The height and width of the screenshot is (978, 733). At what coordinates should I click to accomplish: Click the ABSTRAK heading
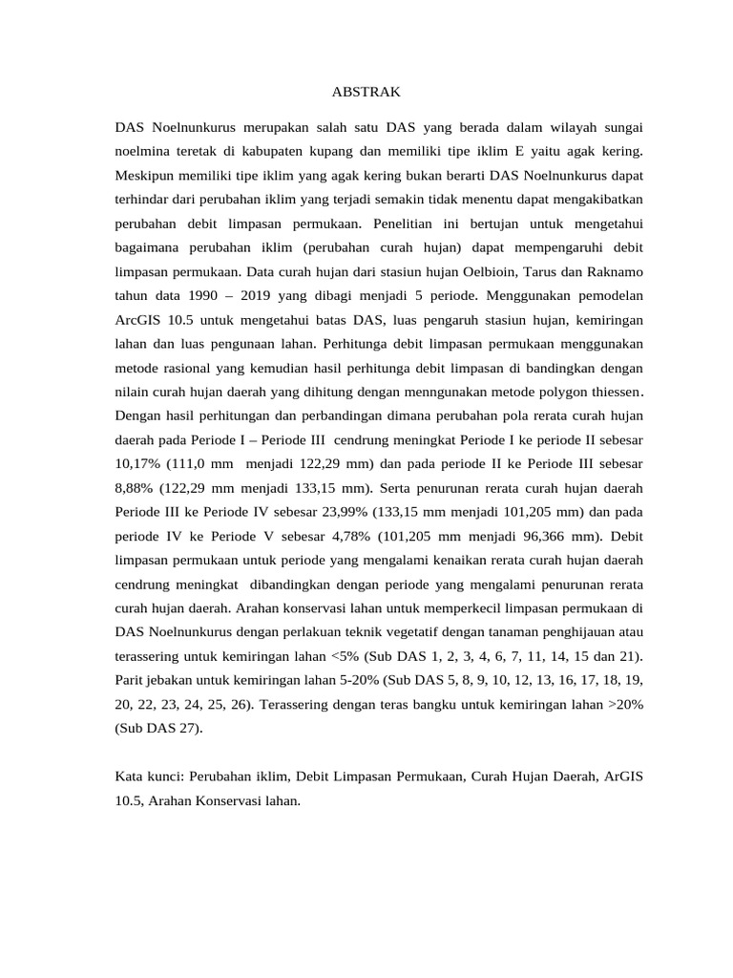(x=366, y=92)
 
